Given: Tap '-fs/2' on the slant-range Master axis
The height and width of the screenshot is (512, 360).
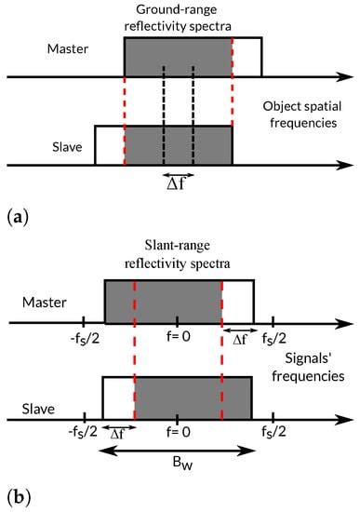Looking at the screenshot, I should tap(83, 338).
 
